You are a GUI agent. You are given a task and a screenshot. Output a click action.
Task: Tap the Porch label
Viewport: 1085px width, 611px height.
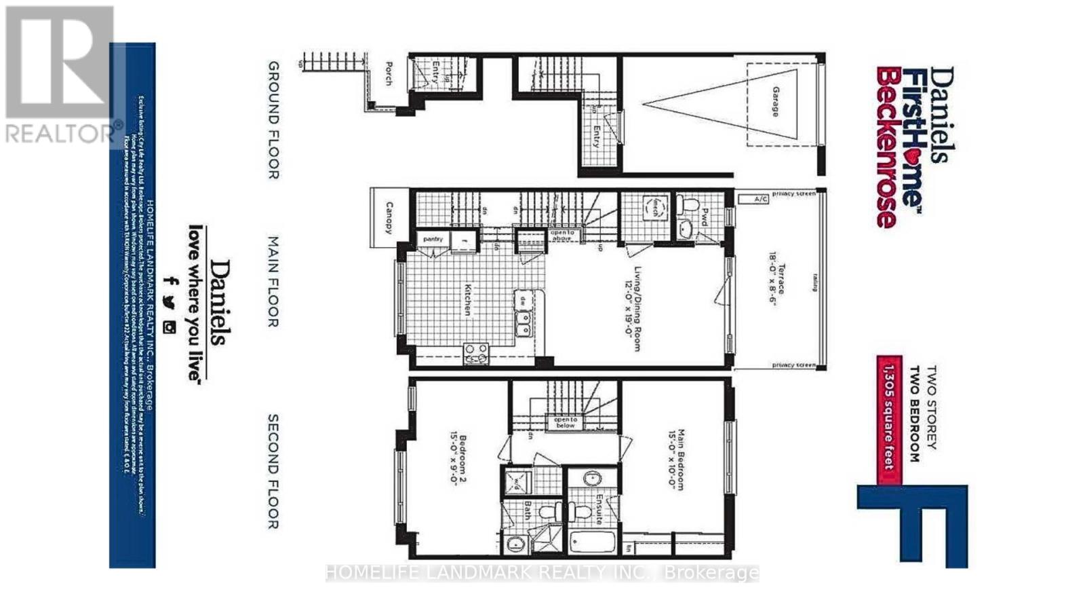389,74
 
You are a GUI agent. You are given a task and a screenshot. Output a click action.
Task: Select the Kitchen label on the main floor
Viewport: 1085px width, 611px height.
467,299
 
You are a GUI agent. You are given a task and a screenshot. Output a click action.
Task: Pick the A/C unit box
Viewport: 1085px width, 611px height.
762,200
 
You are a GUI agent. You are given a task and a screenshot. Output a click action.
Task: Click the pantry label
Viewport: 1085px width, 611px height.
433,239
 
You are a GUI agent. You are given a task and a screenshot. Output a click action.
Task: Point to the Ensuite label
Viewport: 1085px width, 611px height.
599,509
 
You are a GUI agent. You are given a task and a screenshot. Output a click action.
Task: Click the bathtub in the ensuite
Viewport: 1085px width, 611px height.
593,543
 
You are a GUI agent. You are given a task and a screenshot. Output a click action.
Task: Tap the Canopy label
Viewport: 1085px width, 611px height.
389,217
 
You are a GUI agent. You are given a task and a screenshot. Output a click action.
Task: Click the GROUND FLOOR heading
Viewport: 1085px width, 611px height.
273,119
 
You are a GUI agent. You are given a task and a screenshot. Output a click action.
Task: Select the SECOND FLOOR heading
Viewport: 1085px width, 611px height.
273,471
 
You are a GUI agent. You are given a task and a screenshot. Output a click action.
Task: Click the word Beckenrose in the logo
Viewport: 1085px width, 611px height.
886,147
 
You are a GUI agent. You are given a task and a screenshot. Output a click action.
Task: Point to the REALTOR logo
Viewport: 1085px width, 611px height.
60,75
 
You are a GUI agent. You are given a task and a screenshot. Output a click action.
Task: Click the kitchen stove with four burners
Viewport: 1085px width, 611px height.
475,352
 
